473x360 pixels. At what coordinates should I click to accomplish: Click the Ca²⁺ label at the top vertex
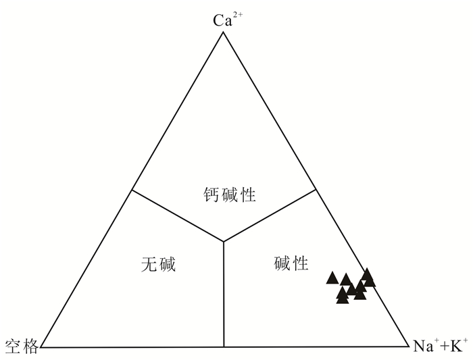point(227,19)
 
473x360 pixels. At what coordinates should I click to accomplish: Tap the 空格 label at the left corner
point(20,346)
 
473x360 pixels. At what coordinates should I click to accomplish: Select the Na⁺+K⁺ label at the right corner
point(440,346)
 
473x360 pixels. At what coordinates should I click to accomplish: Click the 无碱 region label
point(158,264)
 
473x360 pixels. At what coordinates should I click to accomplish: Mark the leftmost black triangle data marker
point(332,278)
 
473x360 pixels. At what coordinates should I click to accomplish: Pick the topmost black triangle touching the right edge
point(367,274)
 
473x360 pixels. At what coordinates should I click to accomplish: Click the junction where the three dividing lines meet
point(224,241)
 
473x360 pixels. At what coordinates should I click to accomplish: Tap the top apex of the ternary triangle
point(224,31)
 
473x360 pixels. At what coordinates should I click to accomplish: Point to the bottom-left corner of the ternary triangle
point(41,347)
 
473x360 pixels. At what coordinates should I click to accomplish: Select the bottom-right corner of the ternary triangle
point(406,347)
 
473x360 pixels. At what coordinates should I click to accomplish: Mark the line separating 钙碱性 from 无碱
point(178,215)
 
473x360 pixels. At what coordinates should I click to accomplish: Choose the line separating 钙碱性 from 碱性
point(270,215)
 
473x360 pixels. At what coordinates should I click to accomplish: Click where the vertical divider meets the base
point(224,347)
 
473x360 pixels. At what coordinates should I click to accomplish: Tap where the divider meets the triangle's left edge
point(132,190)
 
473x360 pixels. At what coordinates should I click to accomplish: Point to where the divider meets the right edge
point(316,190)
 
